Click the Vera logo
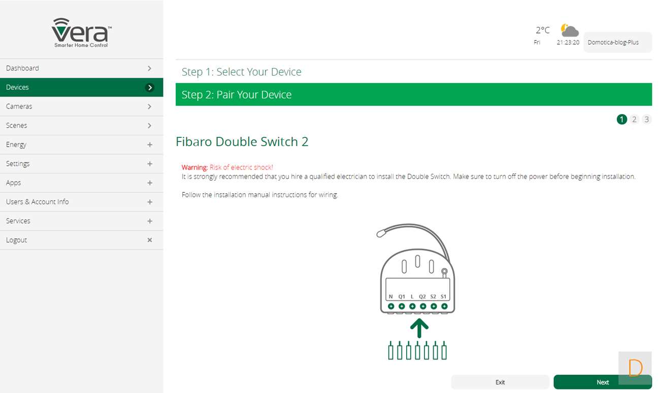pyautogui.click(x=81, y=32)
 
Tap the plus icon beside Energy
pyautogui.click(x=150, y=145)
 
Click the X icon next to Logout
pyautogui.click(x=150, y=240)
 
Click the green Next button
pyautogui.click(x=603, y=382)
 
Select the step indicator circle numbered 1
pyautogui.click(x=622, y=119)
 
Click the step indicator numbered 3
pyautogui.click(x=646, y=119)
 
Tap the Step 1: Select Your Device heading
pyautogui.click(x=241, y=72)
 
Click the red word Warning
pyautogui.click(x=195, y=167)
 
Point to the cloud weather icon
pyautogui.click(x=569, y=30)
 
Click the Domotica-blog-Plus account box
pyautogui.click(x=617, y=42)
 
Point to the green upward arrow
pyautogui.click(x=419, y=328)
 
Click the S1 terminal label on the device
pyautogui.click(x=443, y=297)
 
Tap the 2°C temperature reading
pyautogui.click(x=542, y=30)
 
